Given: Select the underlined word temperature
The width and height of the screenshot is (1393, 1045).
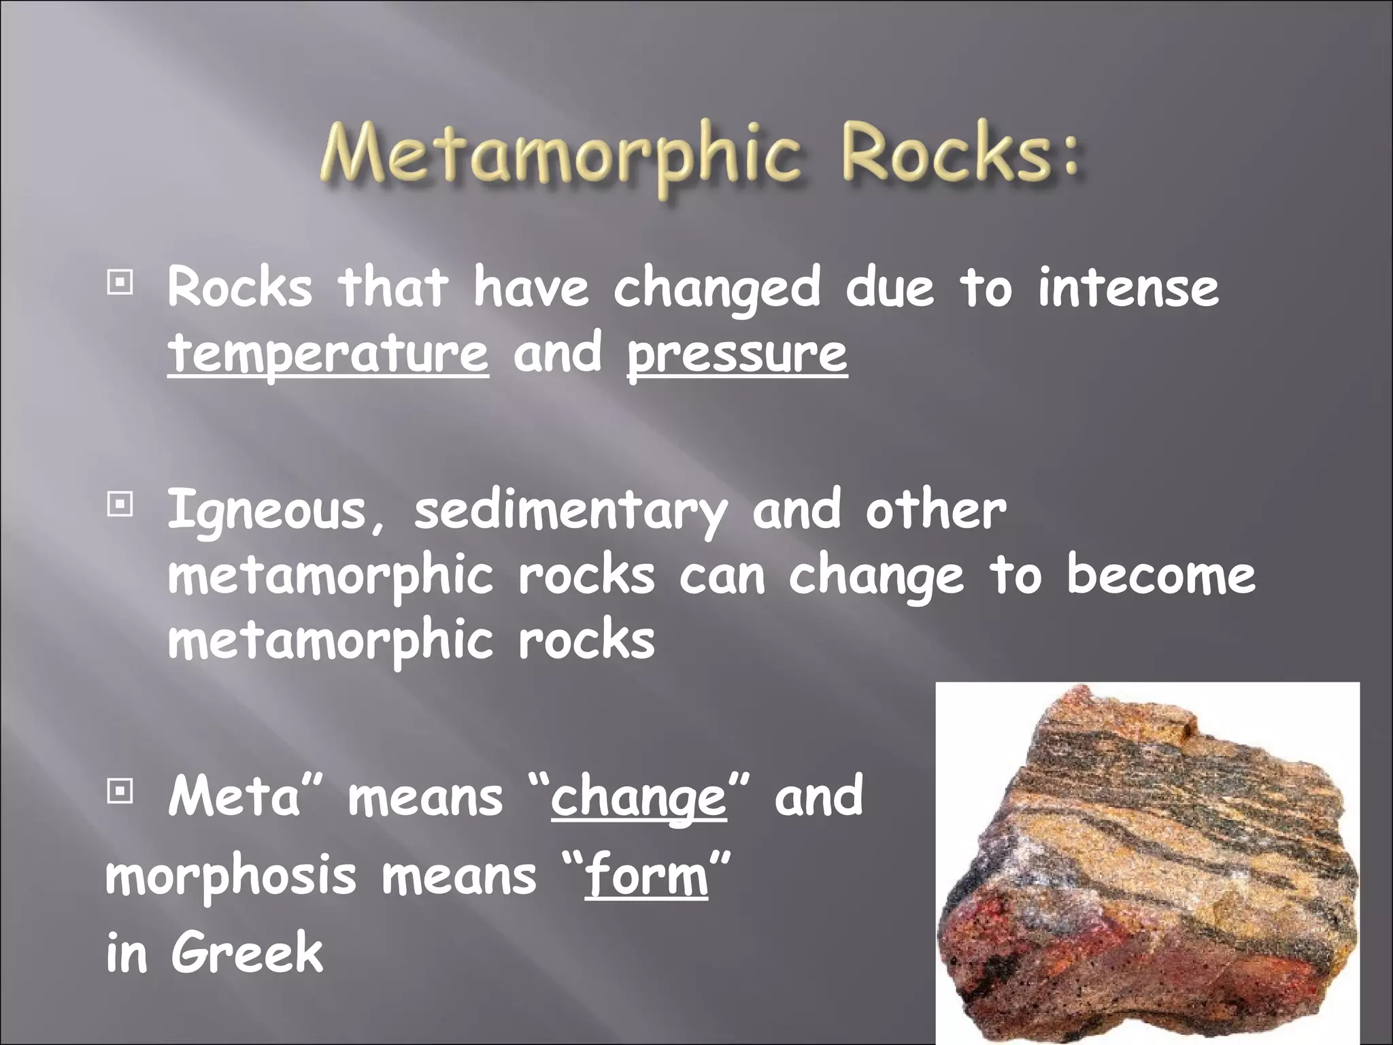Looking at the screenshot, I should click(x=328, y=354).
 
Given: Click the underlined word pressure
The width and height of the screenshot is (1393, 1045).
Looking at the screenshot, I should click(x=737, y=354).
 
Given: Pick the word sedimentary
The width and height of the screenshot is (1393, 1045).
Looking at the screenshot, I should click(x=570, y=511).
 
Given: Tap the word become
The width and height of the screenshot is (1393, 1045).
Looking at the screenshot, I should click(x=1160, y=576).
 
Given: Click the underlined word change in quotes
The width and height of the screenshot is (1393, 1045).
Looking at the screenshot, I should click(x=639, y=797).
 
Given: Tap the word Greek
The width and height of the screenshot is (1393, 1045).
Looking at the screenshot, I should click(x=248, y=953).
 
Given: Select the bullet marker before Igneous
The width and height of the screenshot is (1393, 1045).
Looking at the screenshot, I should click(x=120, y=505).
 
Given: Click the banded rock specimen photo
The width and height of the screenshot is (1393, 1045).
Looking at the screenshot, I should click(x=1147, y=864).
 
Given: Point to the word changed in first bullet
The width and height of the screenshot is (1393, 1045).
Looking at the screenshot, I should click(x=717, y=288).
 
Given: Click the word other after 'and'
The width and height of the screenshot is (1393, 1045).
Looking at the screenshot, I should click(x=935, y=511).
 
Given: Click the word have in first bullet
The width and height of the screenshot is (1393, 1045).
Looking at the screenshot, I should click(x=531, y=288).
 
